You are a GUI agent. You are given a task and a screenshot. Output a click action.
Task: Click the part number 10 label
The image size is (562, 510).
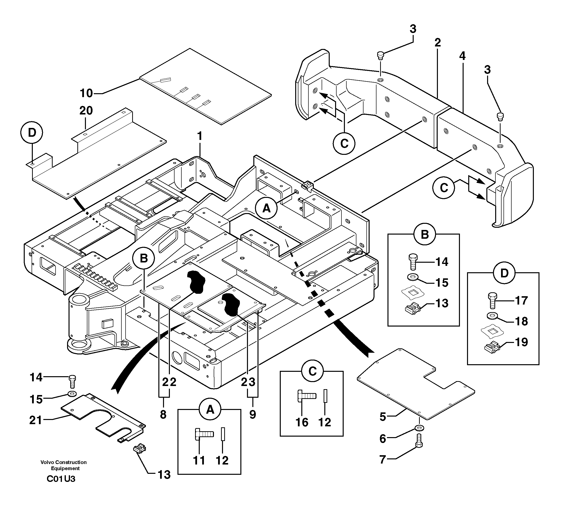pyautogui.click(x=86, y=93)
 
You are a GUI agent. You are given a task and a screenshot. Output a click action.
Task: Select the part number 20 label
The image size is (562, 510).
pyautogui.click(x=86, y=111)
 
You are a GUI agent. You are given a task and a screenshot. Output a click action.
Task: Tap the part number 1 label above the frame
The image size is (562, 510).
pyautogui.click(x=199, y=136)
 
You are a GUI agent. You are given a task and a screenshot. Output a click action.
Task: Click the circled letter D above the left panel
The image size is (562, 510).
pyautogui.click(x=32, y=133)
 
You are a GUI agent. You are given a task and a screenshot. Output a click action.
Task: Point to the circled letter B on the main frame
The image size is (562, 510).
pyautogui.click(x=144, y=258)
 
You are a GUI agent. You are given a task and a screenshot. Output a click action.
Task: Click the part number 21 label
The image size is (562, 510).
pyautogui.click(x=35, y=420)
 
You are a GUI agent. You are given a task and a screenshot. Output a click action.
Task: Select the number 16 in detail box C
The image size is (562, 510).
pyautogui.click(x=302, y=422)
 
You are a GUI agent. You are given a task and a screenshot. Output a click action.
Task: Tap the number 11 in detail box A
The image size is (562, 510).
pyautogui.click(x=199, y=460)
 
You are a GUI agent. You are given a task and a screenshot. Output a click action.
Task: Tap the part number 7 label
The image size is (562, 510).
pyautogui.click(x=383, y=460)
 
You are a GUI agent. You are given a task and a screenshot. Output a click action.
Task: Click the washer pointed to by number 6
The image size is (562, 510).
pyautogui.click(x=419, y=428)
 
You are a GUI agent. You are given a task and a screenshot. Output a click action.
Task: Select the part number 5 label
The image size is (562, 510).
pyautogui.click(x=383, y=417)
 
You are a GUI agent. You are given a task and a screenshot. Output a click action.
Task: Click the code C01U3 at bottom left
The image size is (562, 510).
pyautogui.click(x=61, y=479)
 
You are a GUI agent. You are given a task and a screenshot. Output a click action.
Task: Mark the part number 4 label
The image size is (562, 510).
pyautogui.click(x=462, y=56)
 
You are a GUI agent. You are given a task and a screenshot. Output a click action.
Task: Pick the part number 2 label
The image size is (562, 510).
pyautogui.click(x=438, y=43)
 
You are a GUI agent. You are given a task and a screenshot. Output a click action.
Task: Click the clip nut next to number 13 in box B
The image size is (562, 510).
pyautogui.click(x=412, y=309)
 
